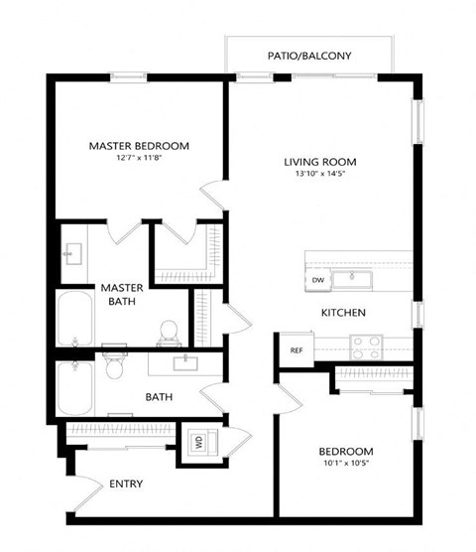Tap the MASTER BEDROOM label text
click(139, 146)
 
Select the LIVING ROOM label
click(319, 162)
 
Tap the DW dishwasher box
click(318, 281)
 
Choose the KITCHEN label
click(343, 314)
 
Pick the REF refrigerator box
click(296, 350)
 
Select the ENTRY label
click(127, 484)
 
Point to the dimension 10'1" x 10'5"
click(346, 464)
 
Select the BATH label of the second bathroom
click(160, 397)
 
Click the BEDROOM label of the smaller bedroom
click(346, 450)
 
